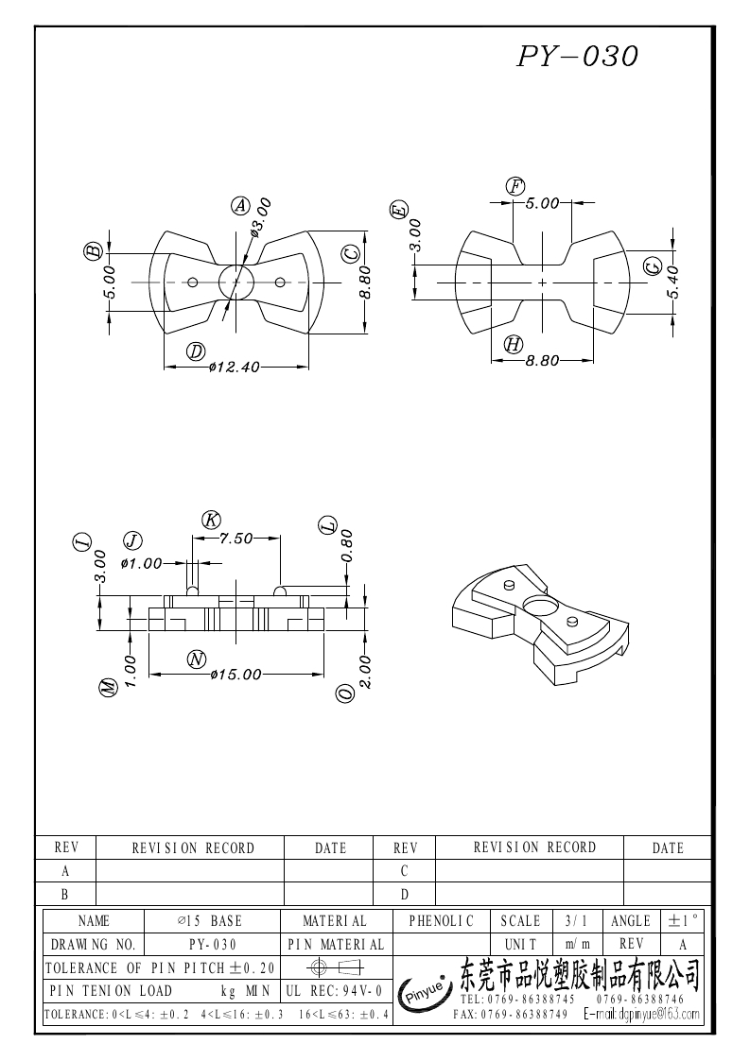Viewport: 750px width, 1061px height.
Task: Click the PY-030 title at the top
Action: (577, 56)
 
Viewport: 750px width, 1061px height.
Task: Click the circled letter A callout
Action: (240, 205)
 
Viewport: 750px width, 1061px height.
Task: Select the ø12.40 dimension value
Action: (235, 368)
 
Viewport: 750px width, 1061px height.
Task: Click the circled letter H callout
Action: (514, 344)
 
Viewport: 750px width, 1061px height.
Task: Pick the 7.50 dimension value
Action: (236, 539)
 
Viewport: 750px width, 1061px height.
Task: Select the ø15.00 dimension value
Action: (236, 674)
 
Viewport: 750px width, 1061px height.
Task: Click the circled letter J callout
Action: (132, 540)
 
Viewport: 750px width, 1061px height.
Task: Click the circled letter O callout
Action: (345, 693)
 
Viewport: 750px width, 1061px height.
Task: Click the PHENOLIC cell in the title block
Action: (442, 920)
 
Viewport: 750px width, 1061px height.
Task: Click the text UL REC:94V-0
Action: (333, 991)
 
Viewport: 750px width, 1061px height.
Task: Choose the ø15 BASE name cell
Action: (210, 920)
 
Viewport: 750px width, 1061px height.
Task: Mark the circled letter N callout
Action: (196, 659)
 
